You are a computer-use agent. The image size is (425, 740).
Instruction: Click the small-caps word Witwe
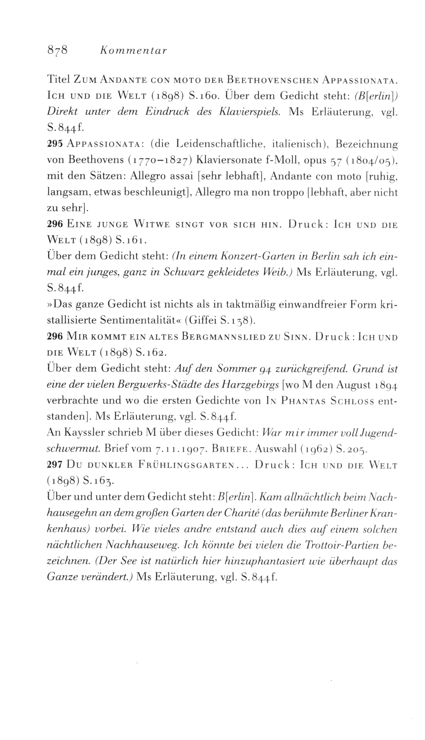point(152,225)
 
